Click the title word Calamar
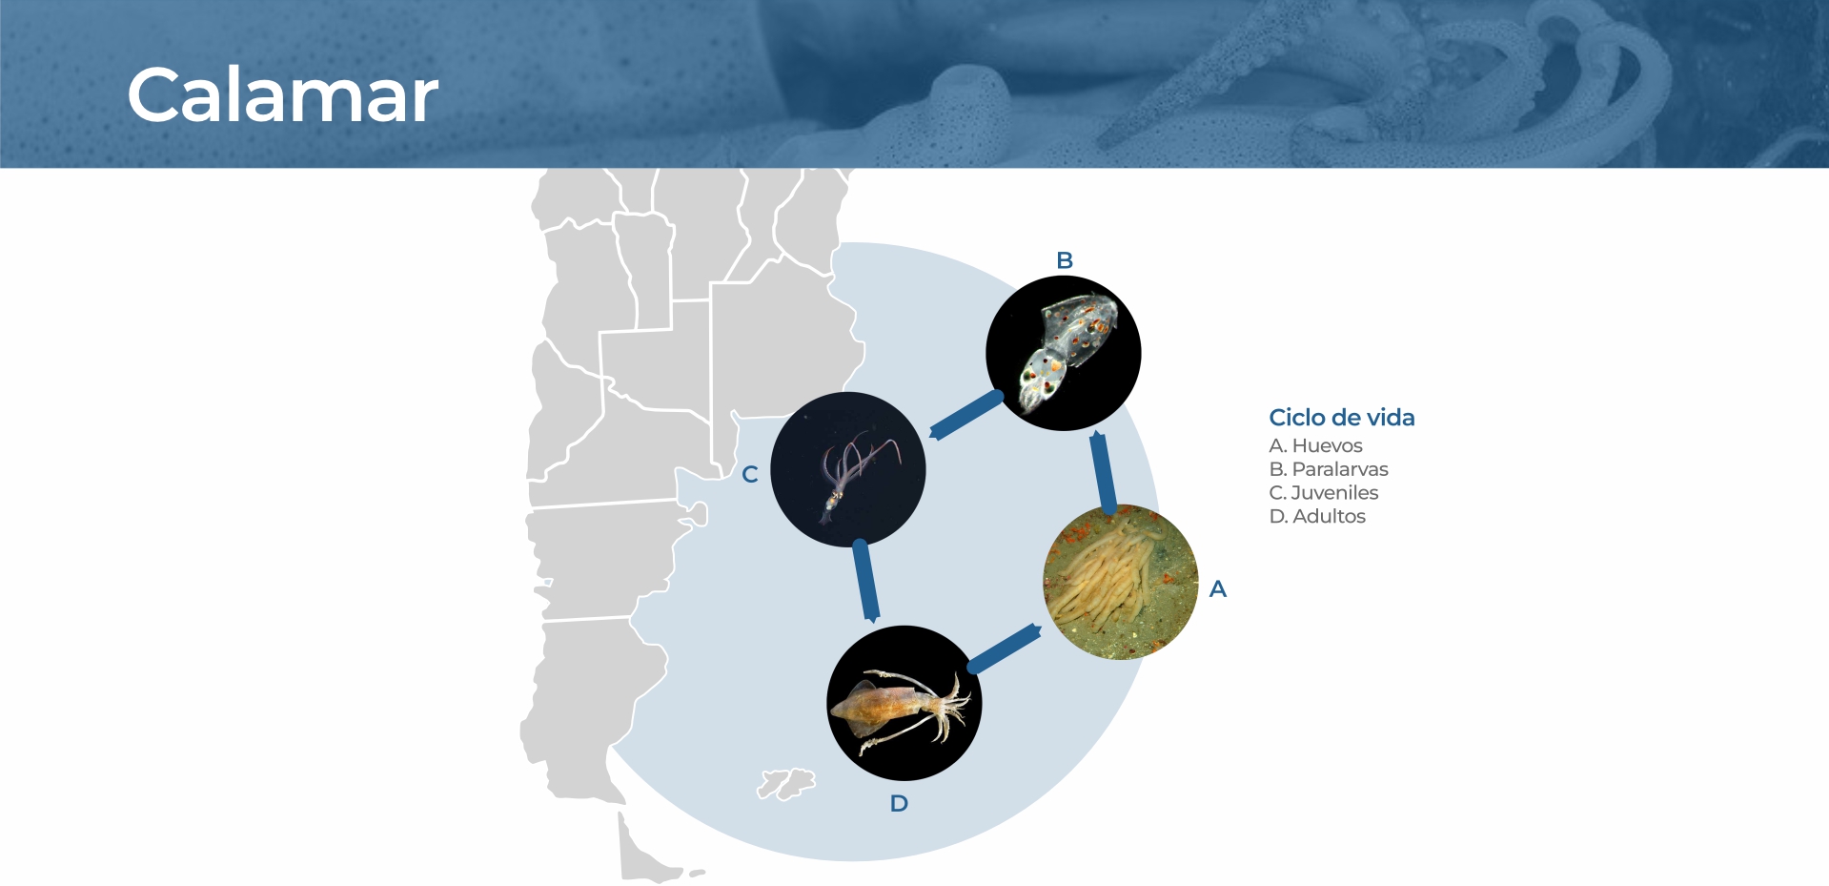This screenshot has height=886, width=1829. click(x=283, y=95)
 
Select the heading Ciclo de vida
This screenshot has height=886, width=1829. click(x=1341, y=418)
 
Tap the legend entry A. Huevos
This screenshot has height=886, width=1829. click(x=1315, y=445)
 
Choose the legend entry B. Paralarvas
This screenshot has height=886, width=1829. click(x=1329, y=469)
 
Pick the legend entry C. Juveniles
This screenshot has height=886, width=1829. click(x=1324, y=493)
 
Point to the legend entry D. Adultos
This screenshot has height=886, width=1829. click(x=1317, y=516)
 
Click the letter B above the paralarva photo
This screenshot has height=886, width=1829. click(x=1065, y=260)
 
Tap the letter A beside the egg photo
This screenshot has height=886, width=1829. click(x=1218, y=589)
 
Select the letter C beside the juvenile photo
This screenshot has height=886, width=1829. click(x=750, y=474)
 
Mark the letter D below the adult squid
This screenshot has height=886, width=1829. click(x=899, y=804)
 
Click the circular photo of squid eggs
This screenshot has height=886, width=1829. click(x=1121, y=582)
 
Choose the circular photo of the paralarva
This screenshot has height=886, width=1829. click(x=1064, y=353)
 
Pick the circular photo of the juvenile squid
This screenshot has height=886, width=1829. click(x=848, y=469)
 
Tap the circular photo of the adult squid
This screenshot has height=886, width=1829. click(x=904, y=703)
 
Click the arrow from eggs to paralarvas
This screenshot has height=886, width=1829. click(x=1103, y=472)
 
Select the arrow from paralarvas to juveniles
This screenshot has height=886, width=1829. click(x=965, y=415)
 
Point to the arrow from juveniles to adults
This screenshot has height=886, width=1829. click(x=865, y=581)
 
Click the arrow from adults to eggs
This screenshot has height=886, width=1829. click(x=1005, y=649)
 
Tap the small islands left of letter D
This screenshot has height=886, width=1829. click(x=786, y=784)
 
